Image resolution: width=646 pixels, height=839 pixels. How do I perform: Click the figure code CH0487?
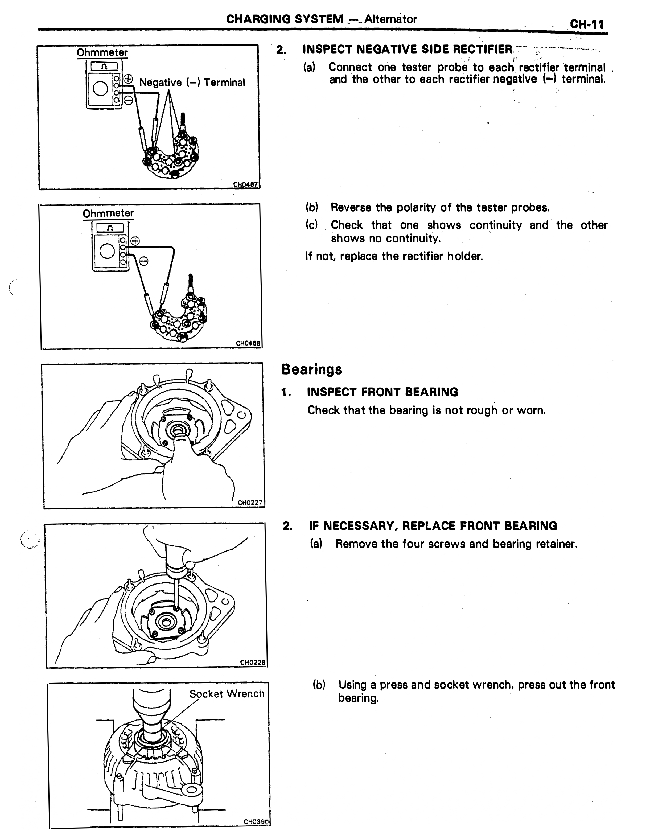click(245, 184)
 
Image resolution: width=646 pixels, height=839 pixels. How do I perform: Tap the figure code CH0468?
click(248, 343)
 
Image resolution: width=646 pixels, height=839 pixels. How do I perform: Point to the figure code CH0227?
click(250, 503)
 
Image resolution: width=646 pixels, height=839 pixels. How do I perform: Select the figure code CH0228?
click(253, 662)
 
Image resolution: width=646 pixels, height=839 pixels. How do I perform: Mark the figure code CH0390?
click(256, 822)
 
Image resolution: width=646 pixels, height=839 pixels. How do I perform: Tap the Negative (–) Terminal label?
click(192, 82)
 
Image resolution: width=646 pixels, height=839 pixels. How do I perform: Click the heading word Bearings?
click(311, 369)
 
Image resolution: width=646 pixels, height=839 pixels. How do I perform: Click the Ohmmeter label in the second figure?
click(108, 213)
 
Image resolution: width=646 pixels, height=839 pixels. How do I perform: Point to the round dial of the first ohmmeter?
click(101, 89)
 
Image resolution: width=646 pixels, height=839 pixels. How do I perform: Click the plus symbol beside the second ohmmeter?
click(135, 241)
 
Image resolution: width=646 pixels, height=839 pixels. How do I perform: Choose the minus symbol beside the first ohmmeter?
click(129, 100)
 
